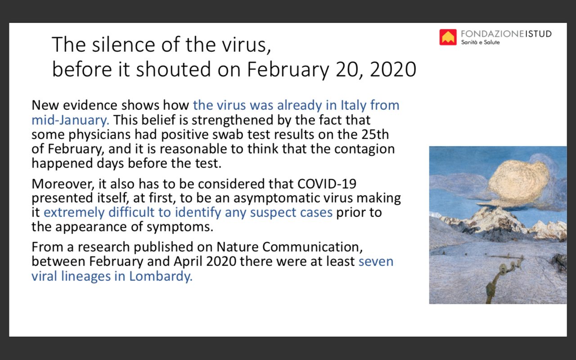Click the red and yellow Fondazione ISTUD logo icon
pos(448,37)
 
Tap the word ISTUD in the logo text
pos(538,34)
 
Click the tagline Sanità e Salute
pos(480,42)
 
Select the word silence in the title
pos(123,45)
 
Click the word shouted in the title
pos(173,69)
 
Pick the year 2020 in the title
pos(393,69)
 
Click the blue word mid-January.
pos(71,120)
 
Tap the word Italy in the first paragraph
pos(353,105)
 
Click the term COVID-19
pos(327,184)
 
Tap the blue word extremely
pos(74,213)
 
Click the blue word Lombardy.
pos(161,276)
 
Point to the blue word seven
pos(376,261)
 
